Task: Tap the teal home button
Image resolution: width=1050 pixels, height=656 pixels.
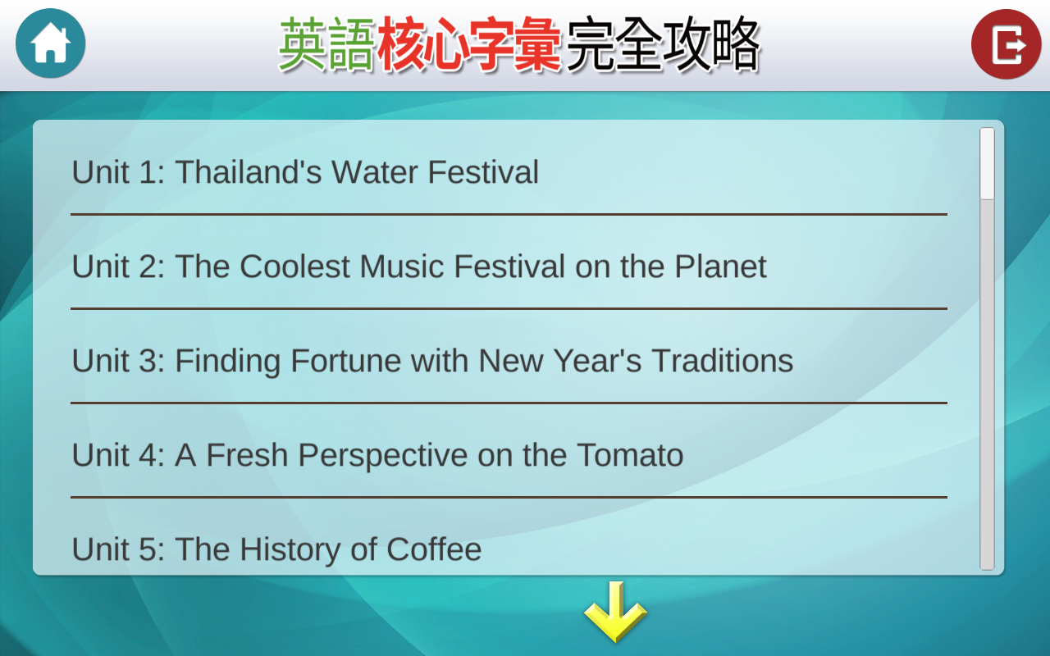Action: point(51,43)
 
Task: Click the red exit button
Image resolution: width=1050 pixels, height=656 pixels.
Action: point(1006,44)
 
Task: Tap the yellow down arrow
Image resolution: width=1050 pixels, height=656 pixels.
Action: point(615,612)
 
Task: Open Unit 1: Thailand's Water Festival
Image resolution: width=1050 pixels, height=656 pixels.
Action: point(305,172)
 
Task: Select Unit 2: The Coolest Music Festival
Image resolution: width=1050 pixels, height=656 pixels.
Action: point(419,266)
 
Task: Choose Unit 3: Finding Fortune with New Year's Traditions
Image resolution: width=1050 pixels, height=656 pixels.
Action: point(432,361)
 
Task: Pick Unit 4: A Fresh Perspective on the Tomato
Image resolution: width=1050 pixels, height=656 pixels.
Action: point(377,455)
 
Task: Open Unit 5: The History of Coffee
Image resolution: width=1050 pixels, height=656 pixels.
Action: point(276,549)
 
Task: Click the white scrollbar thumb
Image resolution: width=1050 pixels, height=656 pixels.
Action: point(987,163)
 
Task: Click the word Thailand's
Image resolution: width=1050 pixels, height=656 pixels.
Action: point(249,172)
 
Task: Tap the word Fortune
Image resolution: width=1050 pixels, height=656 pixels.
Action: point(345,361)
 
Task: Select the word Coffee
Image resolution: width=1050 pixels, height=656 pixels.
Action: point(434,549)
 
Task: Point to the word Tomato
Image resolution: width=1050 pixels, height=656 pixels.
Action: point(630,455)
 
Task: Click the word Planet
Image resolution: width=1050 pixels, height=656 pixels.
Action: point(720,266)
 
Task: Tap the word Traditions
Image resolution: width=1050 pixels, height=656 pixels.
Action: point(723,361)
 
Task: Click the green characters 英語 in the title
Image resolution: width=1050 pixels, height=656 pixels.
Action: point(326,44)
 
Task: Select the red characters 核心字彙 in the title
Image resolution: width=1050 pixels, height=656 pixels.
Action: point(469,44)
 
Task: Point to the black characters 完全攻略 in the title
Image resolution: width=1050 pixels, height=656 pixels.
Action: point(663,44)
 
